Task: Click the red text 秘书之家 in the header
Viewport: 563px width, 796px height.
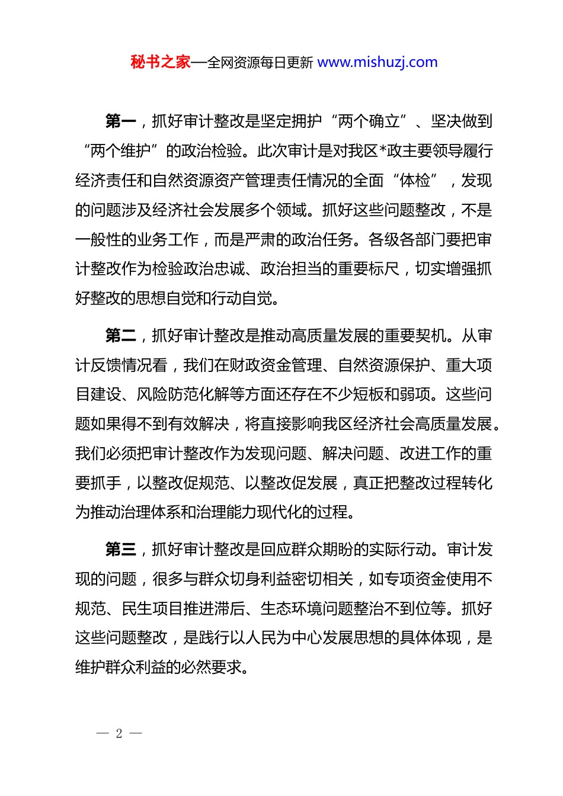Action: coord(161,62)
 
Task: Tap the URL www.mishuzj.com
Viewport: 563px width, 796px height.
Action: coord(378,62)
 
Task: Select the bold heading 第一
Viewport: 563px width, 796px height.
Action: coord(120,122)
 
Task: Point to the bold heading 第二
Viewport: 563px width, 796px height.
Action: coord(120,336)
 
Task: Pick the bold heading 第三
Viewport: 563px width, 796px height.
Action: coord(120,550)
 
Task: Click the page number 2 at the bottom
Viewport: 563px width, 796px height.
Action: coord(119,734)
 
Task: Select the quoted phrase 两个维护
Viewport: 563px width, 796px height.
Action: coord(120,151)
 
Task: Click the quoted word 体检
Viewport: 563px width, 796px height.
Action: coord(415,181)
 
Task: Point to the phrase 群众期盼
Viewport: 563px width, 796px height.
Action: coord(322,550)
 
